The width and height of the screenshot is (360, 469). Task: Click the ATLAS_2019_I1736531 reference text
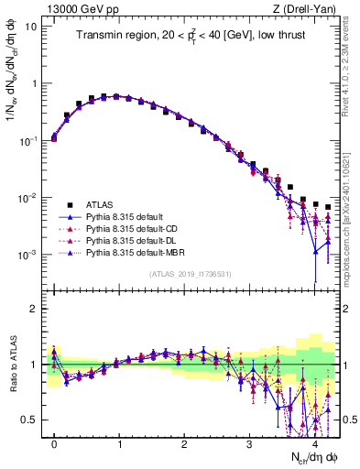[x=194, y=274]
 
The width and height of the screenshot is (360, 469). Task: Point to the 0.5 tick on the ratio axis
[x=31, y=420]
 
